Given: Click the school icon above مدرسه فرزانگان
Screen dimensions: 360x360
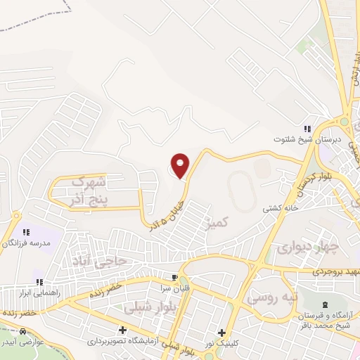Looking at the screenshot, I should tap(27, 231).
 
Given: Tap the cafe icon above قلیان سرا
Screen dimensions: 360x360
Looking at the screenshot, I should tap(176, 276).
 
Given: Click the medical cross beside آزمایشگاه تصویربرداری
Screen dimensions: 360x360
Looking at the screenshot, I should tap(123, 330).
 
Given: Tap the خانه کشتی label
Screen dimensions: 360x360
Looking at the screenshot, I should tap(281, 208).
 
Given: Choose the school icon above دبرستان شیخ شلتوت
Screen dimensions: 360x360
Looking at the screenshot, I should tap(307, 129).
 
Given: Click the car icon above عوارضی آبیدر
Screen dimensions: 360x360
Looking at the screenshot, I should tap(23, 331).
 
